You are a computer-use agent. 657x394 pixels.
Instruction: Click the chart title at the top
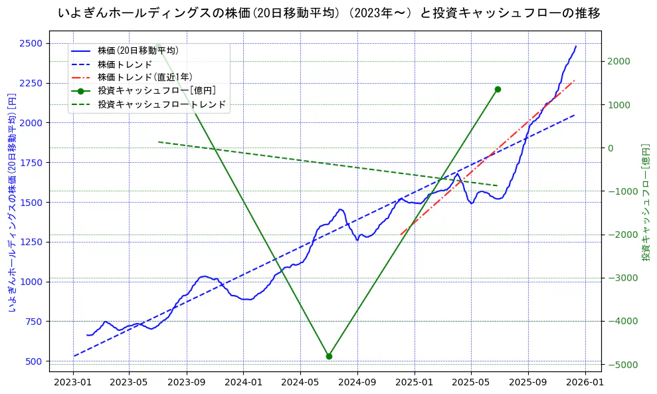(x=328, y=13)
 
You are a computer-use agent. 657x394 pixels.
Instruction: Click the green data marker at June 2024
(x=329, y=356)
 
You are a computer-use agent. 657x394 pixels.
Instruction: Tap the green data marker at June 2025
(x=498, y=89)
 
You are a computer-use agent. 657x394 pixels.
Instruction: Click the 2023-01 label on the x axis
(x=73, y=383)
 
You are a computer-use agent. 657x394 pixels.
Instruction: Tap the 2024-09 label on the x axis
(x=357, y=383)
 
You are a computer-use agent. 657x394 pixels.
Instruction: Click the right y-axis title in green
(x=645, y=202)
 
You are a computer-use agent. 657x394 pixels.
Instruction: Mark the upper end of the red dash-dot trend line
(x=575, y=80)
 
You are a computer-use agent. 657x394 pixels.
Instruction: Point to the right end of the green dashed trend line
(x=498, y=186)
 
